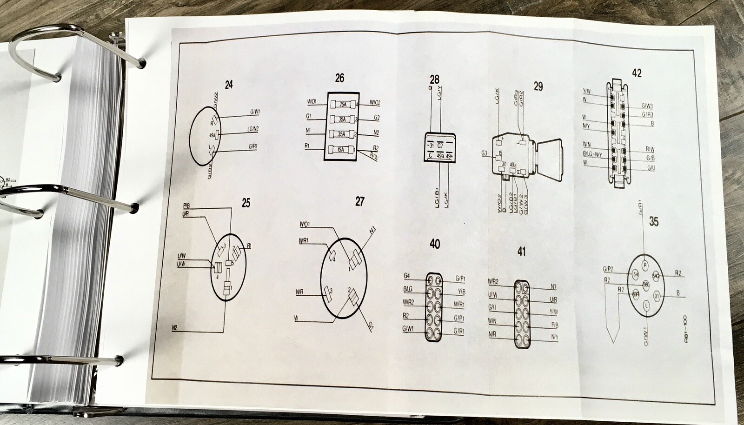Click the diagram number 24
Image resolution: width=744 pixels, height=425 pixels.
[228, 85]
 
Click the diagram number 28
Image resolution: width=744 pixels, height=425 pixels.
[434, 80]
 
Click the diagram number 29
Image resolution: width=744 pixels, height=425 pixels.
[538, 86]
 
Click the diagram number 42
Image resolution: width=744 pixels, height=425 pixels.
[637, 73]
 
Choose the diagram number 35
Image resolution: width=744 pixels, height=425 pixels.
[653, 222]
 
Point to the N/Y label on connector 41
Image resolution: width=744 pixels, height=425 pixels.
[554, 337]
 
